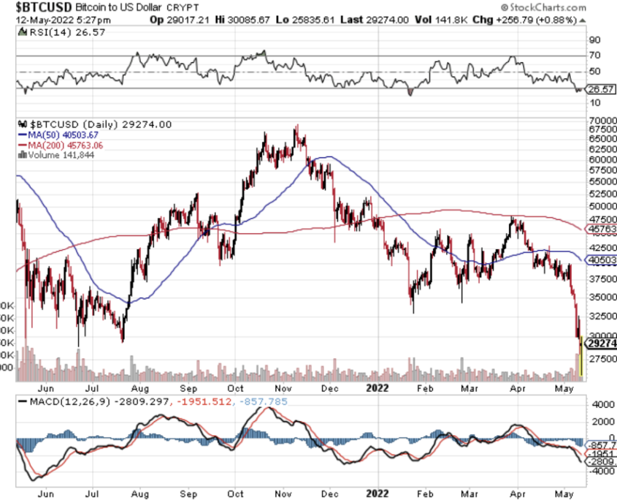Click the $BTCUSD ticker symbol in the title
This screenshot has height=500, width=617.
point(37,7)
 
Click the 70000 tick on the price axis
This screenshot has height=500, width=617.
point(601,120)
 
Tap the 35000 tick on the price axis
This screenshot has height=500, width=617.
point(601,298)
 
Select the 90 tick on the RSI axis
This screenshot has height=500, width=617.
point(594,40)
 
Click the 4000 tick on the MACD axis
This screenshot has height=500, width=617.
point(598,404)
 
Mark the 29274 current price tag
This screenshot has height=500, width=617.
point(602,343)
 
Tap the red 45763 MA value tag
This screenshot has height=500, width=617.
point(602,230)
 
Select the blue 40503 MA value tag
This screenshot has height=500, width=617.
point(602,260)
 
